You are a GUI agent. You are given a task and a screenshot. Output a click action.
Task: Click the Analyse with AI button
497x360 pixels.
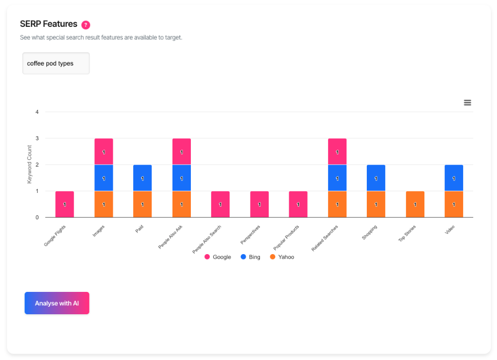pos(57,303)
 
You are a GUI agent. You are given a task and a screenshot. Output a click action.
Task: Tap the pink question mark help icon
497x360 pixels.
pos(85,25)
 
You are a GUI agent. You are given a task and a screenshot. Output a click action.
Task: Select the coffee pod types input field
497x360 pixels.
pos(56,63)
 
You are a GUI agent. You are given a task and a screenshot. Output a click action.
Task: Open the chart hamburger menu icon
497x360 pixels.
pos(467,102)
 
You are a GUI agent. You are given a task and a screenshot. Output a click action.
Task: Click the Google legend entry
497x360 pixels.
pos(218,257)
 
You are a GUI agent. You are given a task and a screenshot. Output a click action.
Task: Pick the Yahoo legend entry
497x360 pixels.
pos(282,257)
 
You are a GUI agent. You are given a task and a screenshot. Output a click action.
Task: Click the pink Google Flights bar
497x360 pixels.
pos(65,204)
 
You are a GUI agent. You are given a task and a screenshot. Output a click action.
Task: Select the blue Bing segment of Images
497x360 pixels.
pos(103,178)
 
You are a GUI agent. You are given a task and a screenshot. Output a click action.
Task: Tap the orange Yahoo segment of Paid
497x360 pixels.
pos(142,204)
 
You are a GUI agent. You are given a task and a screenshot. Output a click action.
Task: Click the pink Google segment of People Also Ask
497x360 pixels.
pos(181,152)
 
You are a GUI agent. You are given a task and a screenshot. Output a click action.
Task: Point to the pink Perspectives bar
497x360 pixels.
pos(259,204)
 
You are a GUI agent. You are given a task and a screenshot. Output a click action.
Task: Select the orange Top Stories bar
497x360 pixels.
pos(415,204)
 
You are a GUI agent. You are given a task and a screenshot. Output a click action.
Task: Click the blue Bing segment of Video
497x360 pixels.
pos(454,178)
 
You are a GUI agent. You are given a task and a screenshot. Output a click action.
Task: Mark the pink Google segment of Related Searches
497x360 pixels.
pos(337,152)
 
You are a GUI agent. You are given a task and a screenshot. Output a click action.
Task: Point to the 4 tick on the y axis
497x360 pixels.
pos(37,112)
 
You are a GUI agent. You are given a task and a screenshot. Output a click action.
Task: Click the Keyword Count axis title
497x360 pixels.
pos(29,165)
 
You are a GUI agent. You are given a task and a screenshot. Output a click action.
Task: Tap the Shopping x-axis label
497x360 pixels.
pos(370,232)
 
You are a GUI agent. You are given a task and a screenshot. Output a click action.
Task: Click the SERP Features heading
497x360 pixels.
pos(49,24)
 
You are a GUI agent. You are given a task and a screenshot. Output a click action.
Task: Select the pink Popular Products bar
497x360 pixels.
pos(298,204)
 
